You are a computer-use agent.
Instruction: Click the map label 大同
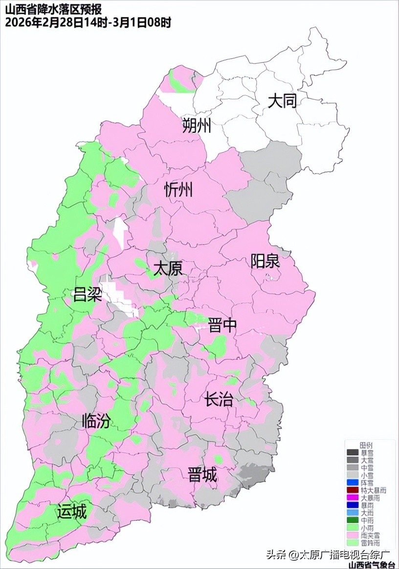click(x=282, y=101)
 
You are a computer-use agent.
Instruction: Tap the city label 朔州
click(x=197, y=126)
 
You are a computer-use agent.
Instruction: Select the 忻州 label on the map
click(x=178, y=189)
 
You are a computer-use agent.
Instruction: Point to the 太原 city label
click(x=168, y=268)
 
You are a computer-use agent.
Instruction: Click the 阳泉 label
click(x=265, y=261)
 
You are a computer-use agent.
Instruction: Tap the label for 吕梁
click(x=88, y=295)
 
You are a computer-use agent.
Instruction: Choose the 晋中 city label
click(x=222, y=325)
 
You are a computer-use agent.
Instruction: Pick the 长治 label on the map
click(x=219, y=400)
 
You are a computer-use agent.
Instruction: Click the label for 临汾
click(x=96, y=420)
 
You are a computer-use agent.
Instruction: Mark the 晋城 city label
click(x=202, y=475)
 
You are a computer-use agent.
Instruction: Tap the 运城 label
click(x=72, y=512)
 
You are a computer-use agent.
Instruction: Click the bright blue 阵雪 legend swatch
click(x=352, y=482)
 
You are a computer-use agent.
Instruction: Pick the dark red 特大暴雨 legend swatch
click(x=352, y=490)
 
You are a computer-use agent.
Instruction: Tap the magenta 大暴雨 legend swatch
click(x=352, y=497)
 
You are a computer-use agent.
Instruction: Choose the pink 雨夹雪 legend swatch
click(x=352, y=535)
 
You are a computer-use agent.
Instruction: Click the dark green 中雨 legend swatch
click(x=352, y=520)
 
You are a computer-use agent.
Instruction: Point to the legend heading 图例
click(x=366, y=445)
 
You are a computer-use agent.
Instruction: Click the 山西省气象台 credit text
click(x=372, y=565)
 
